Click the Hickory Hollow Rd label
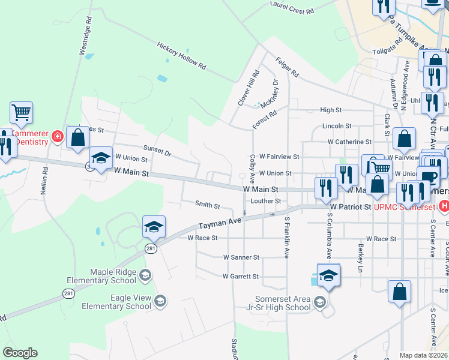click(x=181, y=56)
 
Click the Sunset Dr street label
click(x=157, y=150)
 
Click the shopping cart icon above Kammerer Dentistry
click(x=21, y=112)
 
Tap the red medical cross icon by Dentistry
click(x=58, y=137)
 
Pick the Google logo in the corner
click(x=20, y=353)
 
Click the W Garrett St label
click(x=240, y=277)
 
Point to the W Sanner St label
click(x=241, y=257)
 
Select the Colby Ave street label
click(x=252, y=169)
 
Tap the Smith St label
click(x=207, y=205)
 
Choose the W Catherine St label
click(x=349, y=142)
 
